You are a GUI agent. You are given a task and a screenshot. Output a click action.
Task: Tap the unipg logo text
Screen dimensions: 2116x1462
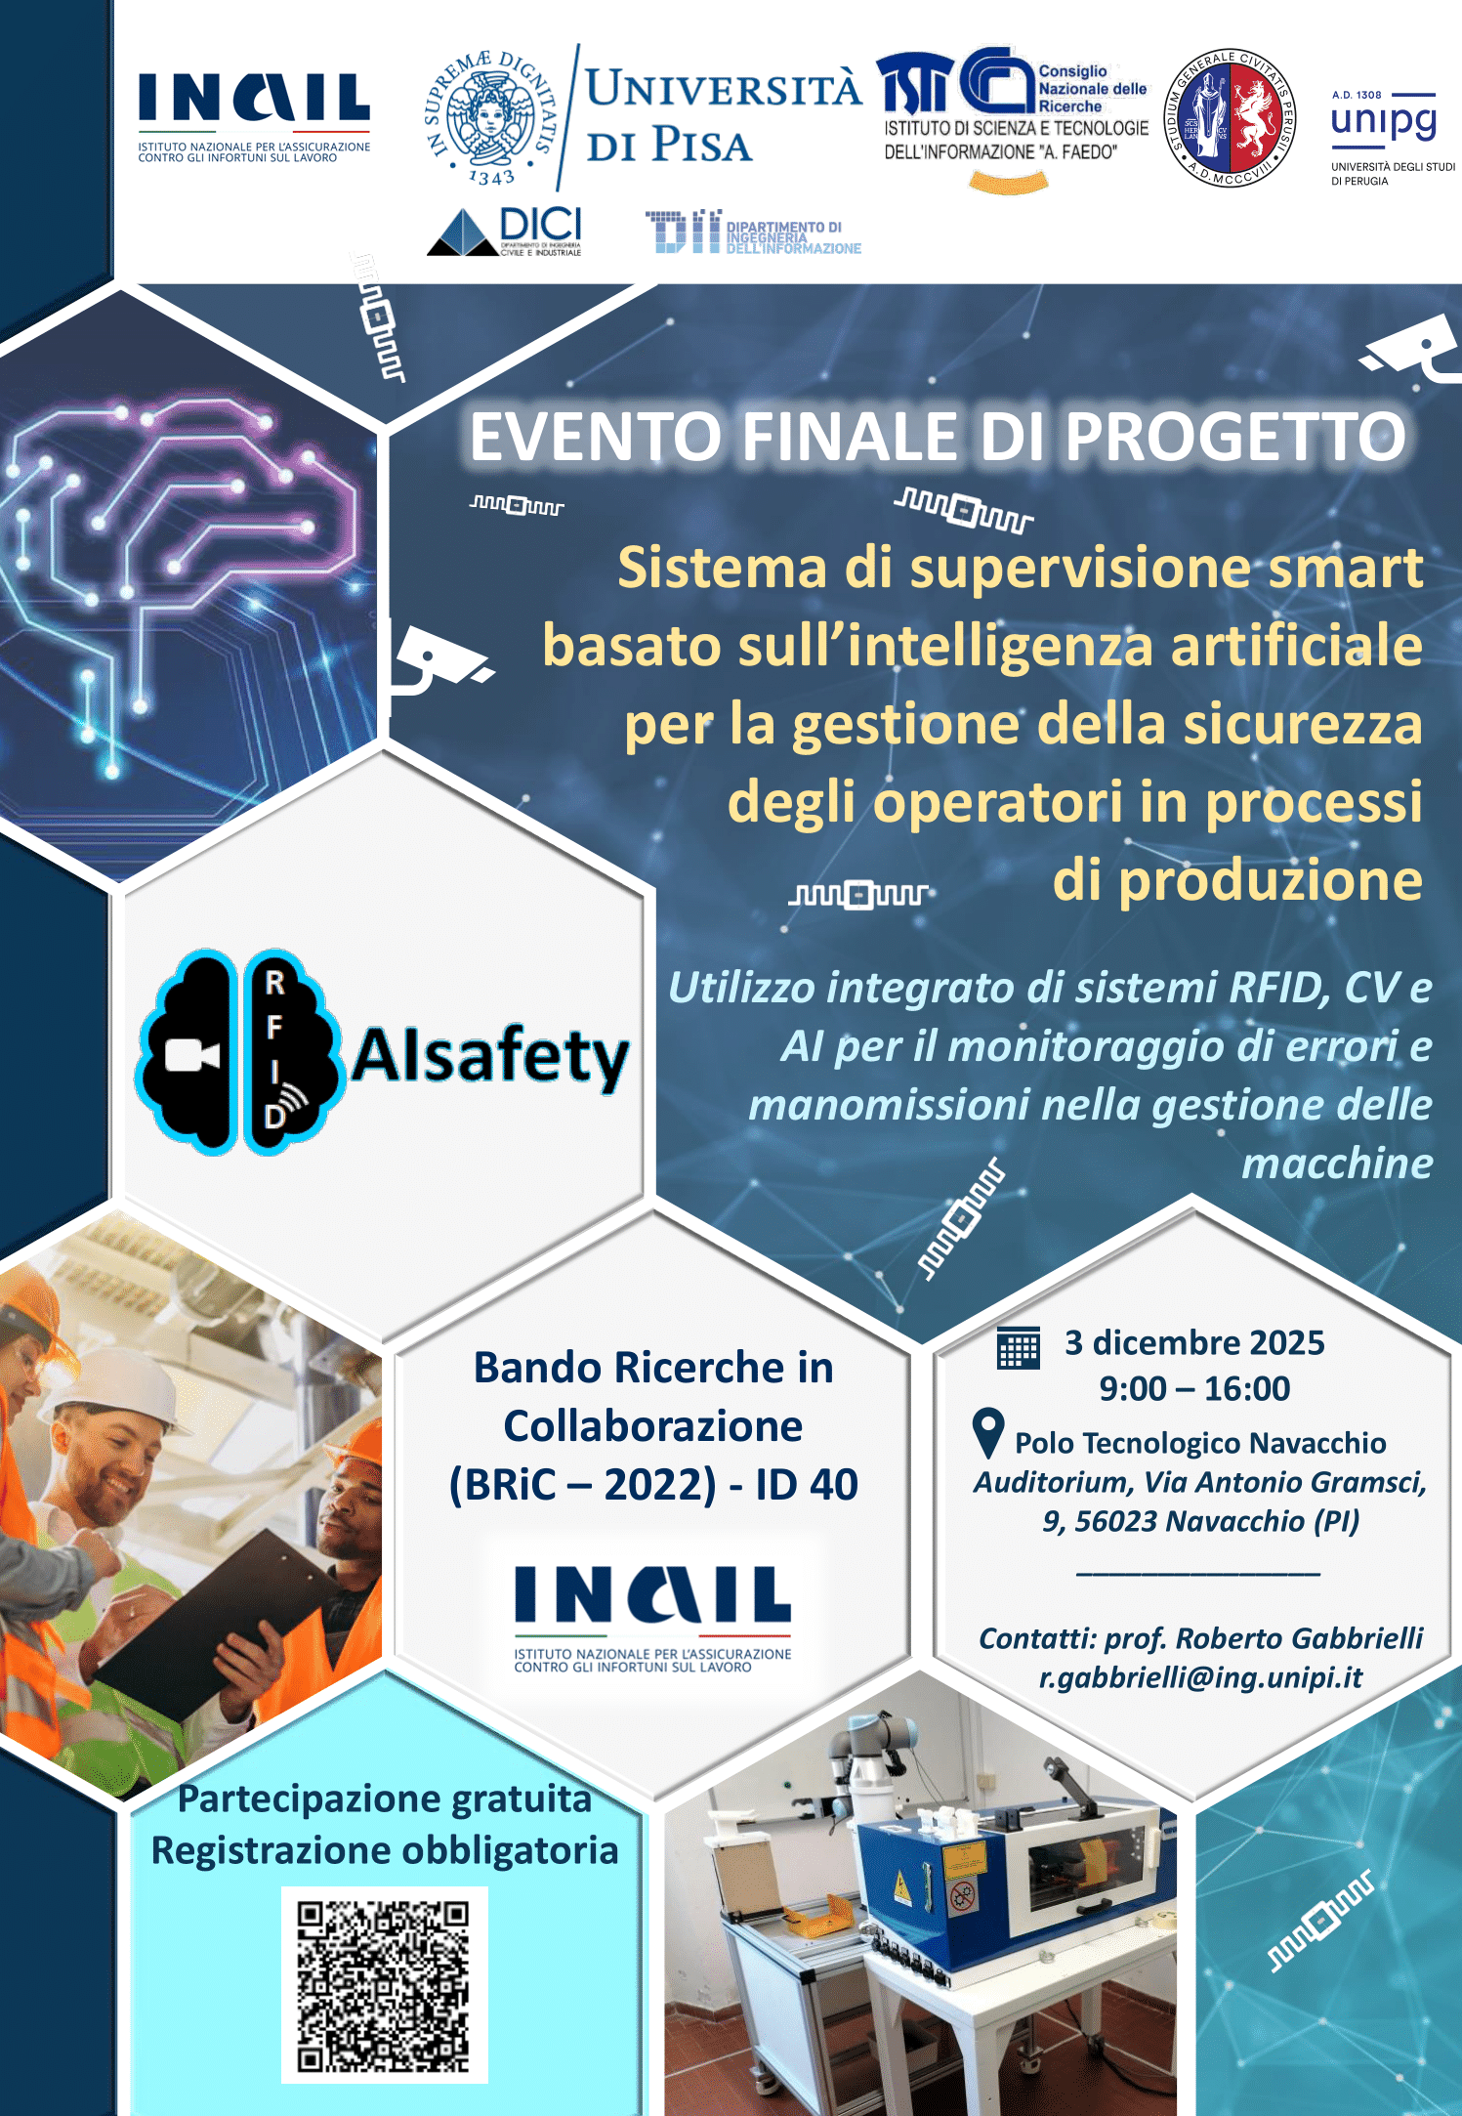pos(1383,121)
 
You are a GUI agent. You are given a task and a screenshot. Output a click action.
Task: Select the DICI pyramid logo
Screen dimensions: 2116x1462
pos(465,233)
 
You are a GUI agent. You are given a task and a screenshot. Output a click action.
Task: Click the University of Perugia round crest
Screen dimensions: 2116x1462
pos(1230,118)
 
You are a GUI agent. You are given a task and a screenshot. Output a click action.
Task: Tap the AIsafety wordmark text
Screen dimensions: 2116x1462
pos(490,1057)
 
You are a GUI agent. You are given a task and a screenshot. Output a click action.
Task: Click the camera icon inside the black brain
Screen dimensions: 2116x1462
pos(191,1055)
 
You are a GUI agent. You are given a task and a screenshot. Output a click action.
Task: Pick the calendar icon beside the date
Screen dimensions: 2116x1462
pos(1018,1348)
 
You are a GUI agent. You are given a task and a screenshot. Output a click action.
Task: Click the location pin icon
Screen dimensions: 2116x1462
pos(988,1433)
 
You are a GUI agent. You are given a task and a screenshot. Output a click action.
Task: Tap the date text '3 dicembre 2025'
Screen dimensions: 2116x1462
pos(1194,1343)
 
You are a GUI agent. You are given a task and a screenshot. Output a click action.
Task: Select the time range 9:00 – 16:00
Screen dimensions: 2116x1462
pos(1194,1388)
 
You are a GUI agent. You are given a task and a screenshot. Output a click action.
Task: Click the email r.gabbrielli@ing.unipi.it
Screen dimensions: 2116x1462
pos(1200,1677)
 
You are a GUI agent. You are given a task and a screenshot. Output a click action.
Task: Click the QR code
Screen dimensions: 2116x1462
pos(384,1985)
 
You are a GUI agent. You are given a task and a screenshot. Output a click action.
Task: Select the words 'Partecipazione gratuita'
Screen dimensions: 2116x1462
pos(384,1799)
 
